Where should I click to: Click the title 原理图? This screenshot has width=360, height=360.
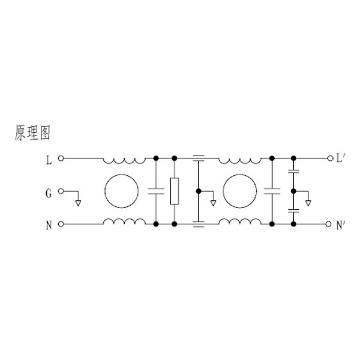click(32, 133)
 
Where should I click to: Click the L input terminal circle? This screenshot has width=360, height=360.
click(61, 158)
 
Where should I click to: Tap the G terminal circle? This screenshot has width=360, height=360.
click(61, 191)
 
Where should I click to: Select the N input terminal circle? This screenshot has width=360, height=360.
click(61, 224)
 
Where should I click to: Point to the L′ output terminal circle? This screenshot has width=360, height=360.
click(330, 158)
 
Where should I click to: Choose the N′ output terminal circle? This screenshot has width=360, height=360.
click(329, 224)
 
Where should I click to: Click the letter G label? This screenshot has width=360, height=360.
click(49, 193)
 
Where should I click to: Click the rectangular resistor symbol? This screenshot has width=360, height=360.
click(175, 191)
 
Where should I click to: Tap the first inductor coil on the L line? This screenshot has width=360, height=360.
click(124, 161)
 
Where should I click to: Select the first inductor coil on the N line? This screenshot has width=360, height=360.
click(124, 221)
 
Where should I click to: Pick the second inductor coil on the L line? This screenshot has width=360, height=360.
click(239, 161)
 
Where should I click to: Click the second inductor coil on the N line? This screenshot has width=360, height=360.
click(239, 221)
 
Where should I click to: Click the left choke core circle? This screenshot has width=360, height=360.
click(122, 191)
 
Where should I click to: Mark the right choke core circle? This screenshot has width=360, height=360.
click(239, 191)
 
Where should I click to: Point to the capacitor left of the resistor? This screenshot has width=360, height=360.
click(156, 191)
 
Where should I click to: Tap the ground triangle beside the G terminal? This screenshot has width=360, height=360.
click(78, 203)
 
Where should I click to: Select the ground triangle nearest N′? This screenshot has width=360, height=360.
click(308, 203)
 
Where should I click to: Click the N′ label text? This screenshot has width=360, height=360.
click(340, 226)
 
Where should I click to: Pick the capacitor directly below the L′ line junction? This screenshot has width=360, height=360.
click(293, 171)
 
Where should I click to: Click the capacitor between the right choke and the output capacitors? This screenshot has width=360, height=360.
click(272, 191)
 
